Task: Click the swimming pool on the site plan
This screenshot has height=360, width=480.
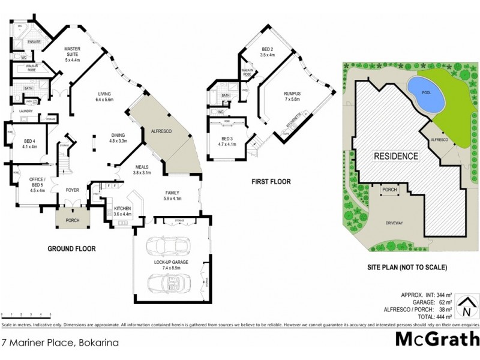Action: [x=425, y=94]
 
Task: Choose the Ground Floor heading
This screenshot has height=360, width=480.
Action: [x=71, y=248]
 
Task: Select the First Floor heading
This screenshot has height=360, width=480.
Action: [x=271, y=181]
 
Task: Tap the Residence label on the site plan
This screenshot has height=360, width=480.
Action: [x=396, y=155]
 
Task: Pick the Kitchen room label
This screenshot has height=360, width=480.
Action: [x=122, y=208]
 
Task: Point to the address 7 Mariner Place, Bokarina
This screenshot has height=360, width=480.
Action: [x=59, y=343]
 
